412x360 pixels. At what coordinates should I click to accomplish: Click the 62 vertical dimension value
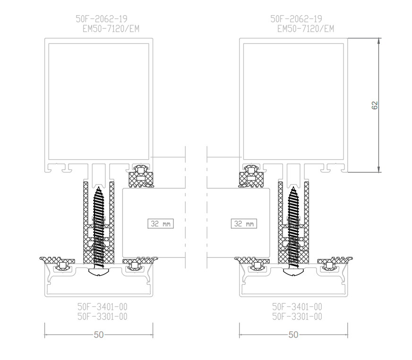click(375, 105)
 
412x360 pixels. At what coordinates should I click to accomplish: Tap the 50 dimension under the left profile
click(99, 335)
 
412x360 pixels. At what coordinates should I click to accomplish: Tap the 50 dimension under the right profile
click(293, 335)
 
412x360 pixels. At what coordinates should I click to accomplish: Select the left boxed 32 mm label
click(161, 223)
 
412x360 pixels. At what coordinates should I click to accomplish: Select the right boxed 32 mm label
click(244, 223)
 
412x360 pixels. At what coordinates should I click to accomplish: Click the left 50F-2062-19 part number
click(102, 19)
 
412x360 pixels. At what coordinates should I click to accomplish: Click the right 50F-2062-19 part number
click(296, 19)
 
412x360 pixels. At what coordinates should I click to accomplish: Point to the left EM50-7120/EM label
click(111, 29)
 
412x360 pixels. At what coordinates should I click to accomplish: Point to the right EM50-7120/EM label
click(306, 29)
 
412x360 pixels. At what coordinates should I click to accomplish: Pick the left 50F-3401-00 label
click(102, 307)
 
